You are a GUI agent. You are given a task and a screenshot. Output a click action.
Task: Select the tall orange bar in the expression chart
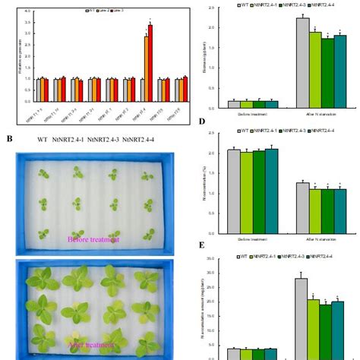146,69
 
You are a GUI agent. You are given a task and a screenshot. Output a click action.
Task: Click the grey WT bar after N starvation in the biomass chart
302,62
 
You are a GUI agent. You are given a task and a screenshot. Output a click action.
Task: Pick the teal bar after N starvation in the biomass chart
339,70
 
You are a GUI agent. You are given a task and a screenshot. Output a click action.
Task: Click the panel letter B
9,139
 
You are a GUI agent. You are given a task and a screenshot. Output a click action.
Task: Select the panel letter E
201,246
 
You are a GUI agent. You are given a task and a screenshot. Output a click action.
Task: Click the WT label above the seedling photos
44,139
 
